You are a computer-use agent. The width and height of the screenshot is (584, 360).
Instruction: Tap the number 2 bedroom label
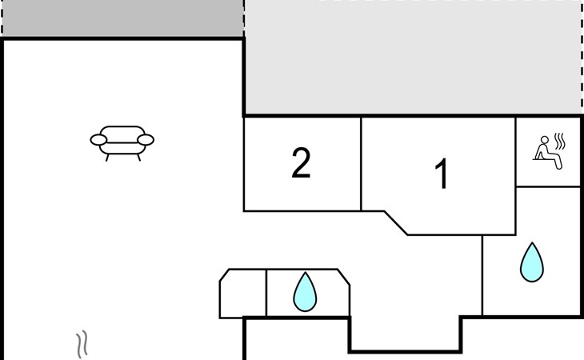(301, 162)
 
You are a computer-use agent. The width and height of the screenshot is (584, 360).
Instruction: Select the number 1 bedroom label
(442, 174)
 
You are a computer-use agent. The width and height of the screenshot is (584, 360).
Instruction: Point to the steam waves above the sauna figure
(560, 141)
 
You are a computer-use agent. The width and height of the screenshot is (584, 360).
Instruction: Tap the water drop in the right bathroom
(531, 262)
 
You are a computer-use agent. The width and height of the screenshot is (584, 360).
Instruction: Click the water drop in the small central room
(305, 292)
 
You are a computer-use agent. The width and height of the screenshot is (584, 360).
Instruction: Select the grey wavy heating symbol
(82, 344)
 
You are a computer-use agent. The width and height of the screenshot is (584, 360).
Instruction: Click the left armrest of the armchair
(98, 140)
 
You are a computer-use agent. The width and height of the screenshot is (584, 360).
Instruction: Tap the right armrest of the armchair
(146, 140)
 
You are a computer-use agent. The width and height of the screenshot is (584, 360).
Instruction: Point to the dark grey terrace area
(122, 18)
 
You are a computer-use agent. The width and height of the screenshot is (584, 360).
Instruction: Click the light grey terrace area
(413, 58)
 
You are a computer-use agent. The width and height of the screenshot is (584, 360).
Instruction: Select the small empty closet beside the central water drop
(243, 294)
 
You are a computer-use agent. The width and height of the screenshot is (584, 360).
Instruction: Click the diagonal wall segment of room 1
(396, 223)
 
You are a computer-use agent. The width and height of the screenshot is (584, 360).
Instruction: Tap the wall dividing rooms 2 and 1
(361, 164)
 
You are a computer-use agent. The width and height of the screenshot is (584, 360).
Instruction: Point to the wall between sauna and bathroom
(548, 187)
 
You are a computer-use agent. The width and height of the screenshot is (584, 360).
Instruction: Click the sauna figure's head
(545, 140)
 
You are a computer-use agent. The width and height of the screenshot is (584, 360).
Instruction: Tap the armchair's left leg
(107, 158)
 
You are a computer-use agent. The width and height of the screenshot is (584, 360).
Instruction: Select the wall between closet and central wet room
(266, 293)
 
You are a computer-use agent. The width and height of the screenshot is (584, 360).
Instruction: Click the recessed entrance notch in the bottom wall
(406, 334)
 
